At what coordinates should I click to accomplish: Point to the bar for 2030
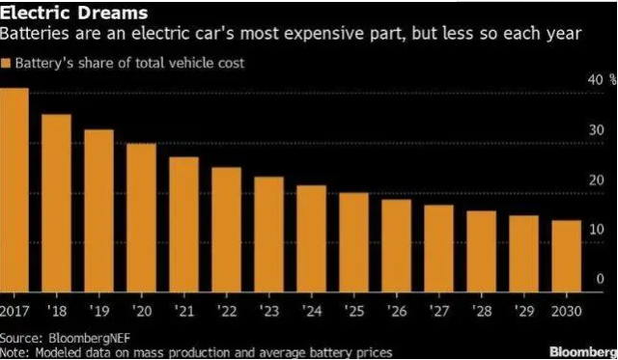click(566, 255)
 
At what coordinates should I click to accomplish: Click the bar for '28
click(481, 250)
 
